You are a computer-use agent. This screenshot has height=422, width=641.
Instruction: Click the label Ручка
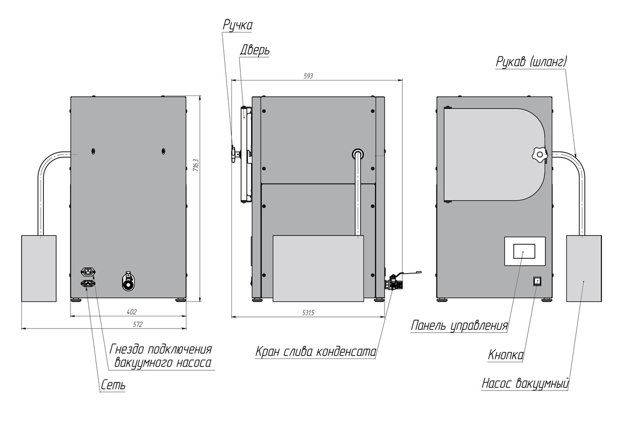coord(238,26)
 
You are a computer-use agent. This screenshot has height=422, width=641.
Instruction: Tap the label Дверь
coord(254,50)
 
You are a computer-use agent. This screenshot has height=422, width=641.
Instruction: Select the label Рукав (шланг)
coord(530,62)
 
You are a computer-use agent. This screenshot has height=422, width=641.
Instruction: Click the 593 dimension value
coord(308,76)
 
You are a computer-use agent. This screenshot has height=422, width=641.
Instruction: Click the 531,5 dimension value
coord(308,313)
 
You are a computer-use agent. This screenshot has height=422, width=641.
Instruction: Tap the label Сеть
coord(112,385)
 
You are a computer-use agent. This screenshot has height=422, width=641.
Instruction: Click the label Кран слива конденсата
coord(315,353)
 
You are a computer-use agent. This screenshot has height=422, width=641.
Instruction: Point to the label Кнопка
coord(505,355)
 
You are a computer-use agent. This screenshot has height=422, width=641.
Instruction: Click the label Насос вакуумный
coord(525,384)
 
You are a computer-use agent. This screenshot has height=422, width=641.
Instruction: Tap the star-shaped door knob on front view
coord(540,156)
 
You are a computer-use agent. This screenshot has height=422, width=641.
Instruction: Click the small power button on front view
coord(537,281)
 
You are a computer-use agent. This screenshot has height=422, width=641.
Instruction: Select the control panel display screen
coord(525,251)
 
